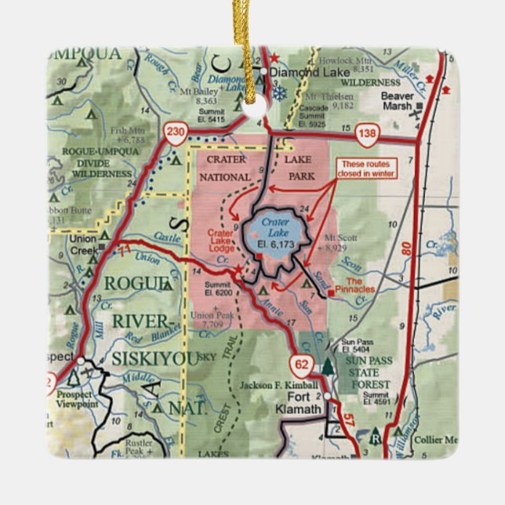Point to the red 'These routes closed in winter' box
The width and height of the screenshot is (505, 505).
pos(366,169)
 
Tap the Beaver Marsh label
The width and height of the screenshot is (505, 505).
pos(397,101)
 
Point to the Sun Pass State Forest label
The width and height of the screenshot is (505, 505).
pos(369,374)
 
